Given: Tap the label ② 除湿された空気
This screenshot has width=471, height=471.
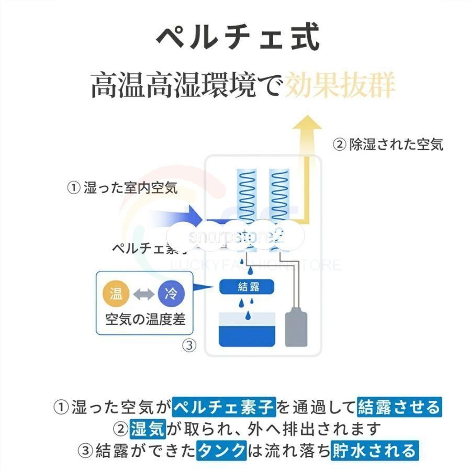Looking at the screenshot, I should (x=388, y=144).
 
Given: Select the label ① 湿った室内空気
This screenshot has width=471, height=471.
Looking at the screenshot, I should (x=122, y=188).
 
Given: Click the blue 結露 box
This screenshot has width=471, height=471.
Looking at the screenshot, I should (x=248, y=287).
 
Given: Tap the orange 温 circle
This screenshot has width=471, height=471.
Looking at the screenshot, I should (x=116, y=294).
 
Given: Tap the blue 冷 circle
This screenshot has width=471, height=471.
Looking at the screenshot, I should (x=171, y=294).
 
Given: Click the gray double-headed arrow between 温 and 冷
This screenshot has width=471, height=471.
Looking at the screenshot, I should (x=143, y=294).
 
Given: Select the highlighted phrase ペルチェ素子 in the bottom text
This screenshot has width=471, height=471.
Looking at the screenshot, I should (x=224, y=406).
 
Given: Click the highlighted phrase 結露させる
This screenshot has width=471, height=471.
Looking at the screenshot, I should (x=399, y=406).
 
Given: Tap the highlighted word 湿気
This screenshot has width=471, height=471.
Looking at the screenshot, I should (x=148, y=429).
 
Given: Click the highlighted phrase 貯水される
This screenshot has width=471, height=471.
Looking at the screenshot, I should (x=374, y=450).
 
